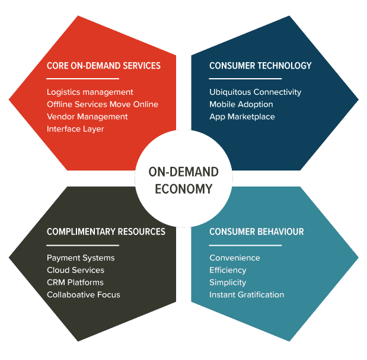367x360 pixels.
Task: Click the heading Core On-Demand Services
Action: point(103,66)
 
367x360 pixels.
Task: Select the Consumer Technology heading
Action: point(260,66)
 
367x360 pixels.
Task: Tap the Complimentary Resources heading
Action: point(106,232)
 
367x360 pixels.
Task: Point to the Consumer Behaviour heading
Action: point(256,232)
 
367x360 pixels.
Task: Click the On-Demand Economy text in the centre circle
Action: point(183,181)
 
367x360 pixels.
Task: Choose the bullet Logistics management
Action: point(90,92)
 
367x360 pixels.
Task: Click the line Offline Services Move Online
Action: point(102,104)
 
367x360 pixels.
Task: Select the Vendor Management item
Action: point(87,117)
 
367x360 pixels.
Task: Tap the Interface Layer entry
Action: point(75,129)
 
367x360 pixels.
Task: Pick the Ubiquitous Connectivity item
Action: point(255,92)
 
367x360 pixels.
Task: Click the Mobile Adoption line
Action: point(241,104)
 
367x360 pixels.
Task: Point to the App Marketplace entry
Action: point(242,117)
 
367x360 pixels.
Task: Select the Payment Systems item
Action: point(81,258)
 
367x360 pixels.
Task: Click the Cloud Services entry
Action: point(75,270)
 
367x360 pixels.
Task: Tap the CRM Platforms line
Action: point(75,282)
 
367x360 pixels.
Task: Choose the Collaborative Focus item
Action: point(83,295)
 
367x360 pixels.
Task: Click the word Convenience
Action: point(234,258)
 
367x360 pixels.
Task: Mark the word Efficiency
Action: point(228,270)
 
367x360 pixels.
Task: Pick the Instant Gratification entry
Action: point(247,295)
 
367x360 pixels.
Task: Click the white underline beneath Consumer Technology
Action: point(245,79)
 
